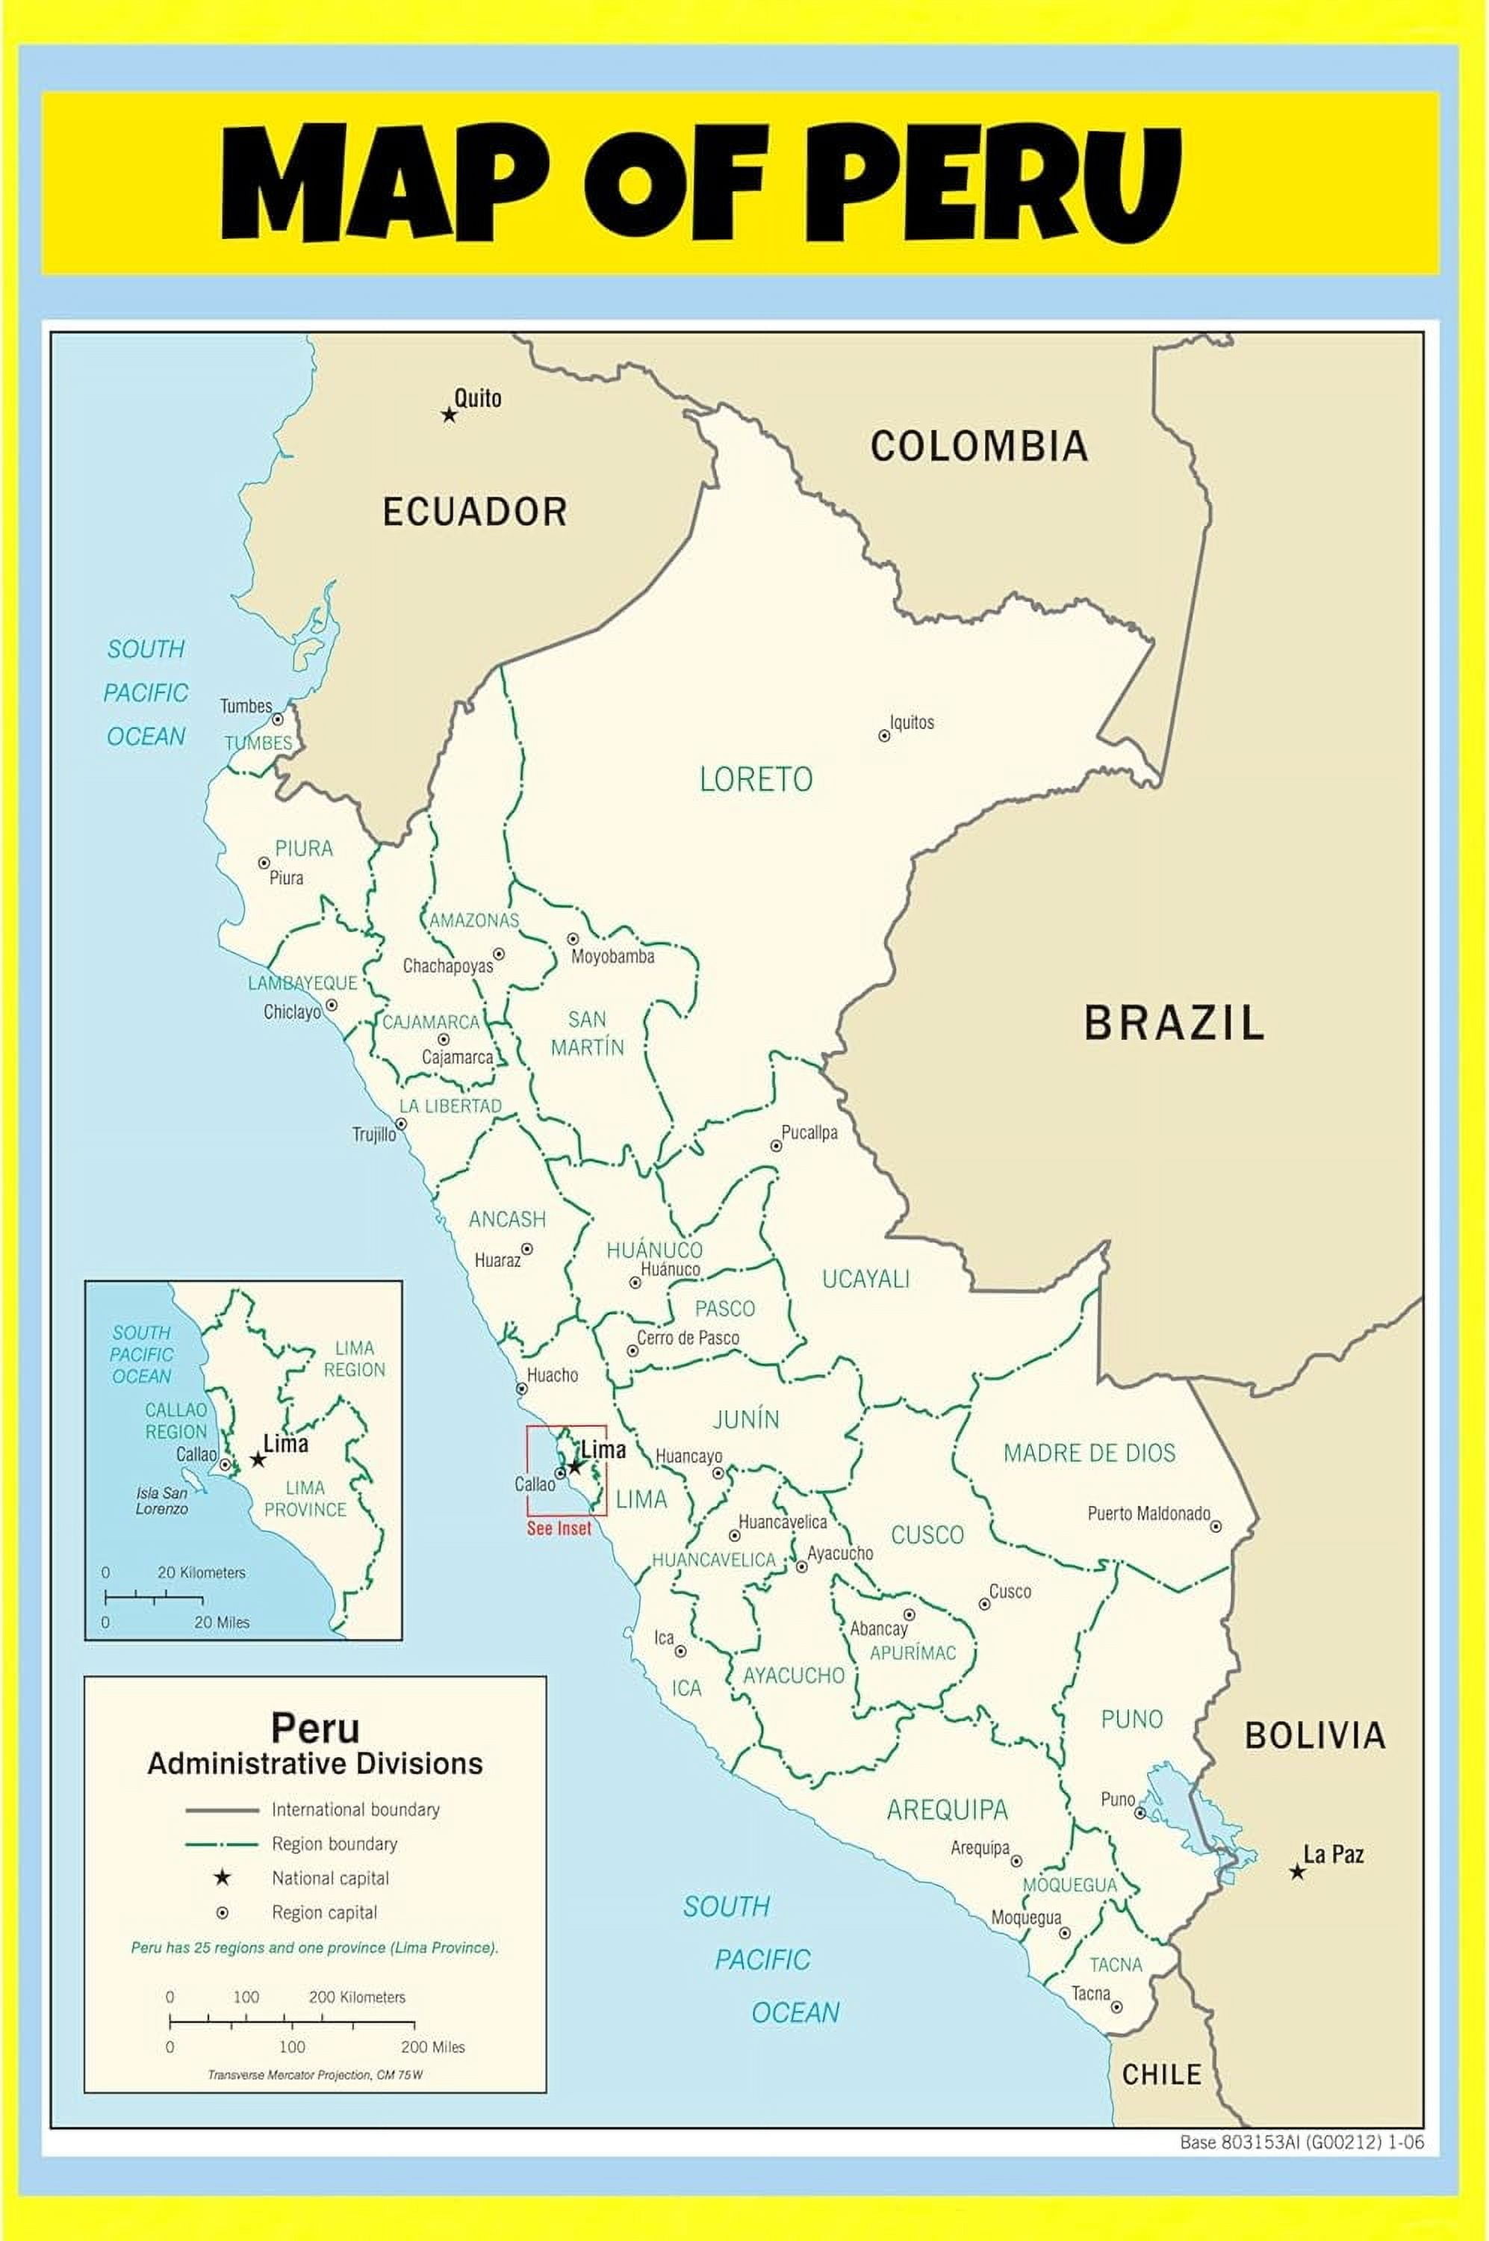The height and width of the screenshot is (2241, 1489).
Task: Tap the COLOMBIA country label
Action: tap(979, 447)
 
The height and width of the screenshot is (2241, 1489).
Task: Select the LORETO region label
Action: tap(756, 780)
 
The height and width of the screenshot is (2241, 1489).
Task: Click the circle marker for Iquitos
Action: tap(884, 735)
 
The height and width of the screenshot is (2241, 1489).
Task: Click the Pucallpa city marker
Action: tap(776, 1147)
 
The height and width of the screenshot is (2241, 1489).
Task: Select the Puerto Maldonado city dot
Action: tap(1216, 1527)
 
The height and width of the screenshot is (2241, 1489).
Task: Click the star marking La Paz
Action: tap(1297, 1871)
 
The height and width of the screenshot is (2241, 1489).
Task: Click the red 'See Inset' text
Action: tap(559, 1528)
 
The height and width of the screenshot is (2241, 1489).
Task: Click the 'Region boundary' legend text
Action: tap(335, 1844)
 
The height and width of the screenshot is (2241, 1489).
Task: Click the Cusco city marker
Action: tap(985, 1605)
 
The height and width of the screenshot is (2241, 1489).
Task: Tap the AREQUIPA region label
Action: tap(947, 1811)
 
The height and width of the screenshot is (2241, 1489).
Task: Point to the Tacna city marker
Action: tap(1117, 2007)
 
